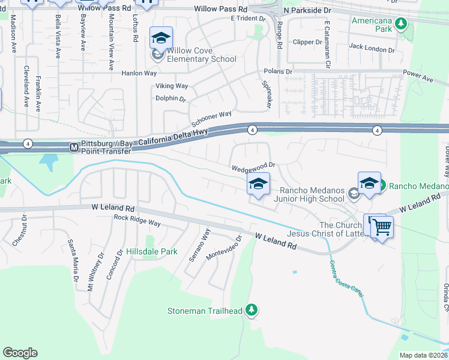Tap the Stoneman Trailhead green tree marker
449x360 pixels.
[253, 310]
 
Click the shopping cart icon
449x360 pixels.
[382, 227]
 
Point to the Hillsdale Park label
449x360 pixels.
[152, 251]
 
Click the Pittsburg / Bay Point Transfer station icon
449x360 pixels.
[74, 147]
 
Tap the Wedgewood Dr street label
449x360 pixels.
[254, 165]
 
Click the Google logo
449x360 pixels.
[20, 353]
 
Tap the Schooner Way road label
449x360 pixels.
[211, 118]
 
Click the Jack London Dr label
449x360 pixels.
[372, 46]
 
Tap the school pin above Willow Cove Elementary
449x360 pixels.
[160, 38]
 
